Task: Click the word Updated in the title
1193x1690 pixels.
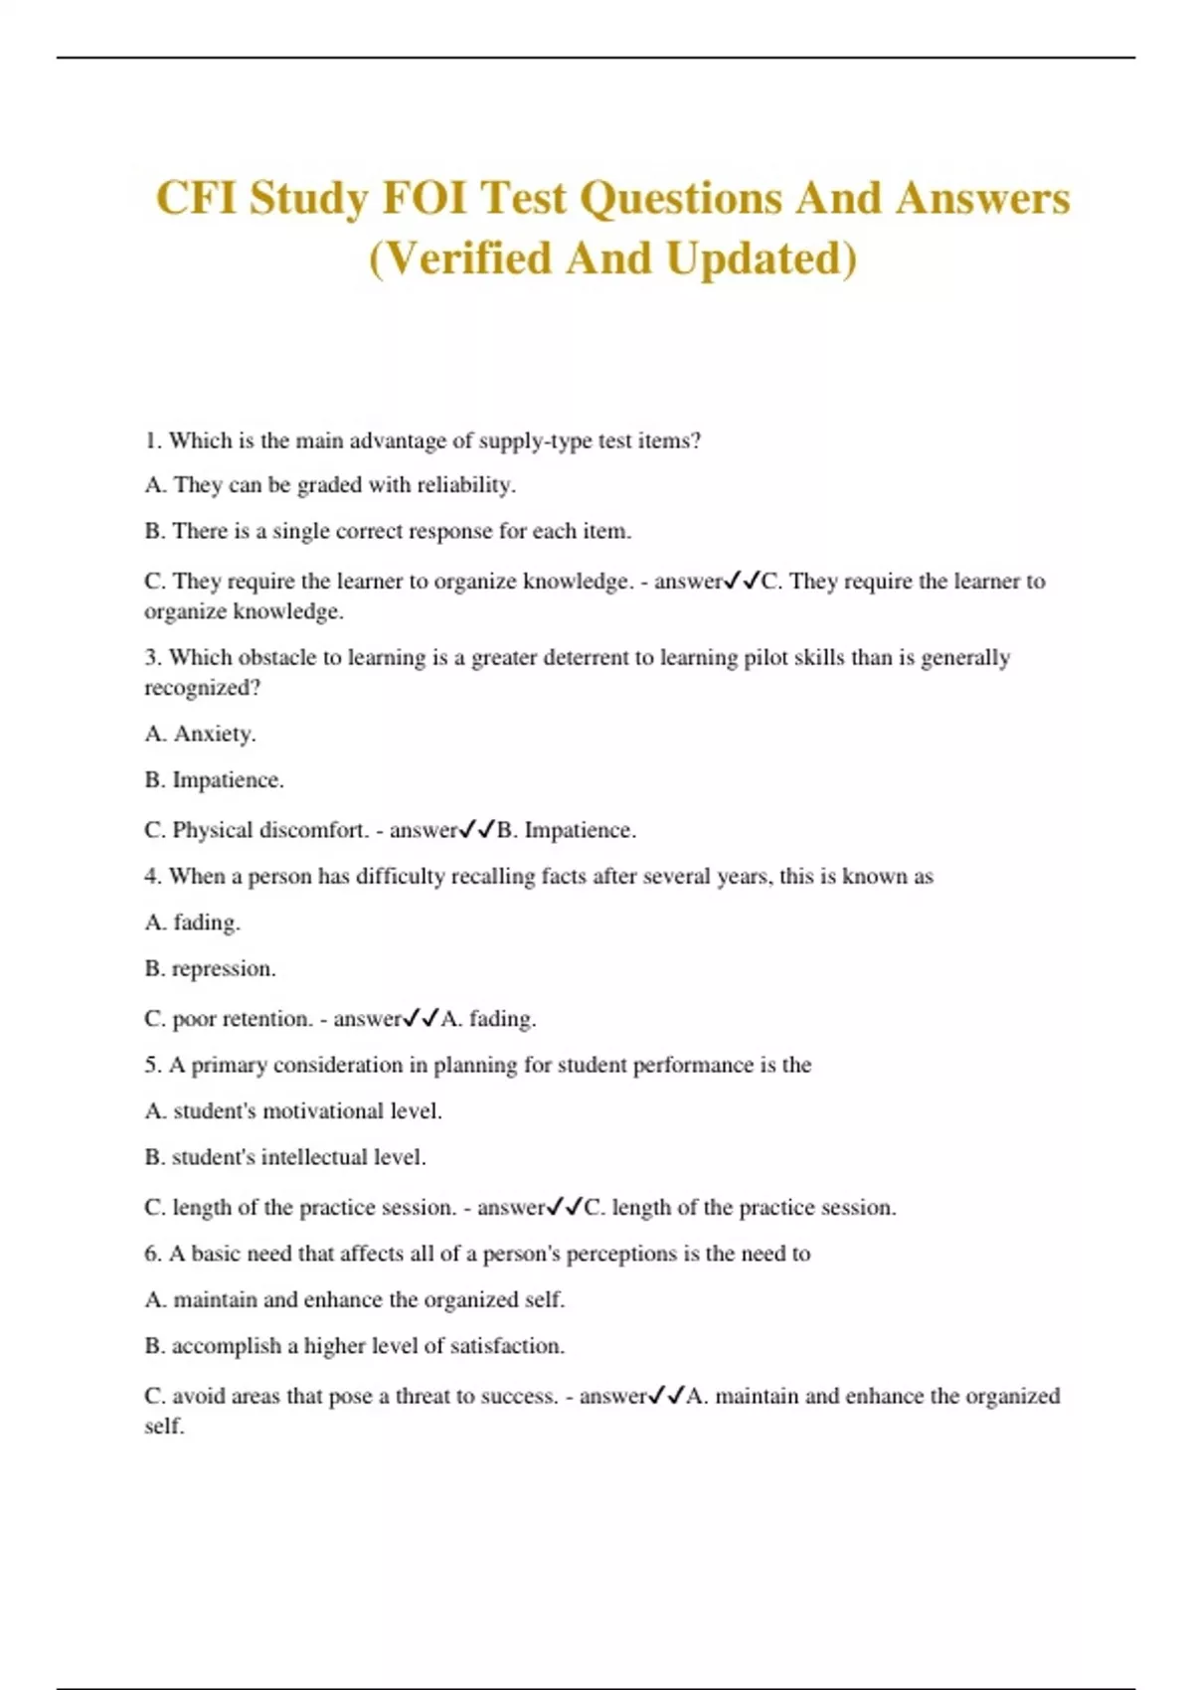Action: tap(761, 258)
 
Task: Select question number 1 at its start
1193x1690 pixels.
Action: tap(153, 441)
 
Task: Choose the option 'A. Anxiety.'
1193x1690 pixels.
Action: tap(200, 734)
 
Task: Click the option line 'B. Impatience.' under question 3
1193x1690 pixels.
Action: tap(214, 780)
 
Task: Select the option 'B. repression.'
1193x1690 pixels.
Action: tap(210, 969)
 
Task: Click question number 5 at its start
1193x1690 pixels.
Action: tap(153, 1066)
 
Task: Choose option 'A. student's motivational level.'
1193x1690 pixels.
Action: tap(293, 1111)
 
